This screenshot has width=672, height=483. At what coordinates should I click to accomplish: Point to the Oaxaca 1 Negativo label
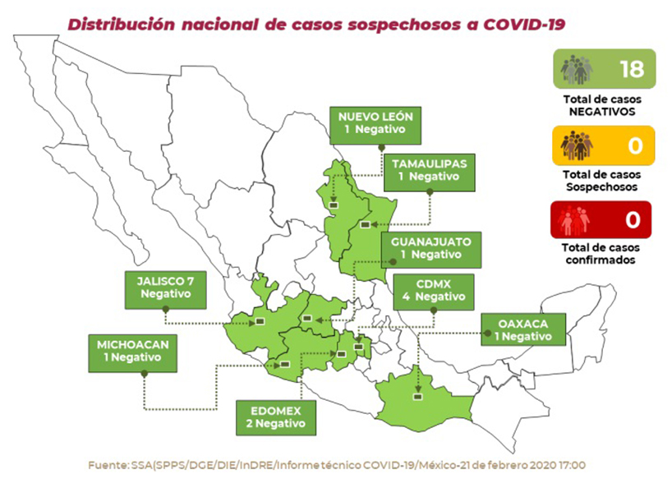[523, 329]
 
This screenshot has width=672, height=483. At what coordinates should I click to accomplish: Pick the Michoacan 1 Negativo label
[131, 351]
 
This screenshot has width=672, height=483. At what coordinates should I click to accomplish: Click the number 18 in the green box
[631, 68]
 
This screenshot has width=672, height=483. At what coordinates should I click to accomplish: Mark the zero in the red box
[632, 220]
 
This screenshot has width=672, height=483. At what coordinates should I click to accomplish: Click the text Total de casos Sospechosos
[603, 181]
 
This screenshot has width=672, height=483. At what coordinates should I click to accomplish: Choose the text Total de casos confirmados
[603, 253]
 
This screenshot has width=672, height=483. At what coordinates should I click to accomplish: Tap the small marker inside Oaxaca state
[419, 396]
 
